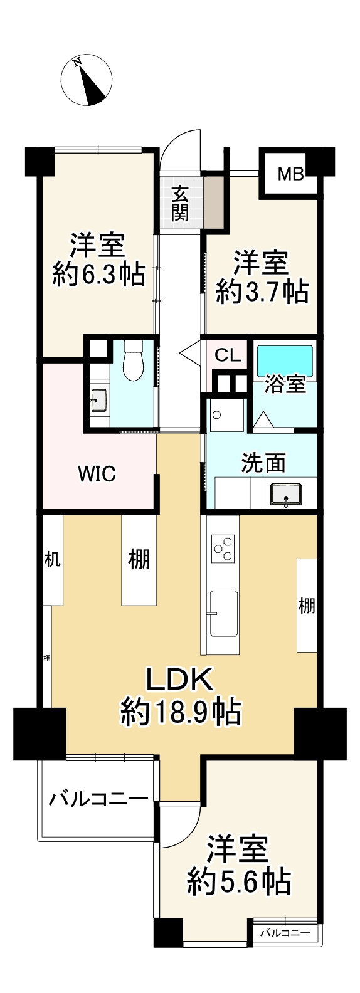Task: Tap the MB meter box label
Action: (x=291, y=174)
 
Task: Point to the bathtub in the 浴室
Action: (x=285, y=360)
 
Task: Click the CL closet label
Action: (x=227, y=356)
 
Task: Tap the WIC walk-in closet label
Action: (x=97, y=473)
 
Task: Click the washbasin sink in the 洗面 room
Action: (x=285, y=493)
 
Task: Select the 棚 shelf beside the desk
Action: (x=139, y=559)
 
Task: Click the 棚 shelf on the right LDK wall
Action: (x=306, y=606)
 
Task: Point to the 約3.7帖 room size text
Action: (x=262, y=291)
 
